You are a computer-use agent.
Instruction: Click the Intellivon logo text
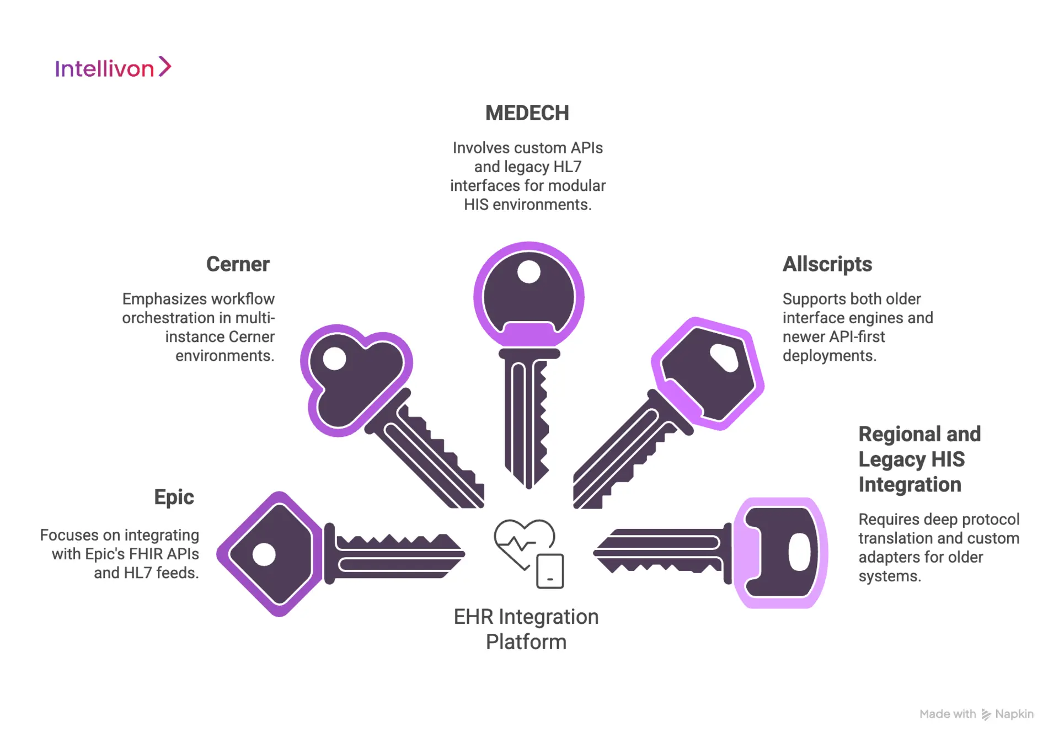(x=104, y=69)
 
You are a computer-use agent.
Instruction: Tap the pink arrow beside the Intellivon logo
(x=165, y=67)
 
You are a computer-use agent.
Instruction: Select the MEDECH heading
(x=527, y=113)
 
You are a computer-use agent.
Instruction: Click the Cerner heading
(x=238, y=264)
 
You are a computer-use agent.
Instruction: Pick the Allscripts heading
(x=827, y=264)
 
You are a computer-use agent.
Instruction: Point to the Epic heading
(x=174, y=497)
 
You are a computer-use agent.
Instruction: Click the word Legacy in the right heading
(x=892, y=459)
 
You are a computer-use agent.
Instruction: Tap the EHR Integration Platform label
(x=526, y=629)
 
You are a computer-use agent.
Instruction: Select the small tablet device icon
(x=550, y=571)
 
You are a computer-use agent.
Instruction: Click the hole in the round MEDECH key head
(x=528, y=272)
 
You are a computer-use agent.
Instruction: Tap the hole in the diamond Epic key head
(x=264, y=554)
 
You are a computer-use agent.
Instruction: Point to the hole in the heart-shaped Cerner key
(x=334, y=359)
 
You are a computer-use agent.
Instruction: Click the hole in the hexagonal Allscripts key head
(x=724, y=358)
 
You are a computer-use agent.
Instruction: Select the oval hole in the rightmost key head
(x=799, y=552)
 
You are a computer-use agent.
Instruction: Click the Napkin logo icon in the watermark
(x=986, y=714)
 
